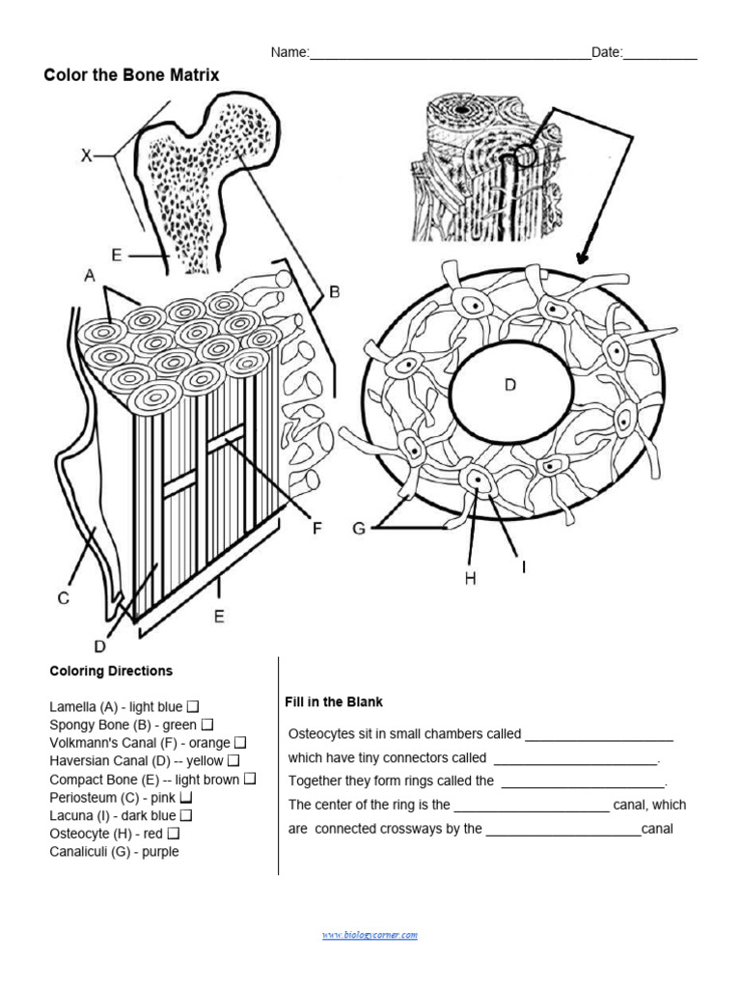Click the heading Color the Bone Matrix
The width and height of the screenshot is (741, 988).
click(x=132, y=74)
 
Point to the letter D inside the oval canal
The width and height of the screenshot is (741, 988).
click(x=510, y=385)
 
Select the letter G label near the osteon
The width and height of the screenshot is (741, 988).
click(x=359, y=528)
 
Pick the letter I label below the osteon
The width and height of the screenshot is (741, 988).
click(x=523, y=567)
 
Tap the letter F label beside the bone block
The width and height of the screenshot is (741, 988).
click(x=316, y=528)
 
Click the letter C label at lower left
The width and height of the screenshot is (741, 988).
click(x=63, y=598)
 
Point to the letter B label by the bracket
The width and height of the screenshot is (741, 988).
click(x=335, y=290)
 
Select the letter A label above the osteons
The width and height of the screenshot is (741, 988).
click(x=90, y=276)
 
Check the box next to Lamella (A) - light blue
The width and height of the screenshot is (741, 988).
click(x=193, y=707)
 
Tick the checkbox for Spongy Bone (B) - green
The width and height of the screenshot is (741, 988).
click(x=207, y=725)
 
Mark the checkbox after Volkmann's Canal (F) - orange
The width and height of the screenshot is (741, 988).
click(x=240, y=743)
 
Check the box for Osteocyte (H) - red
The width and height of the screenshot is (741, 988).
click(x=174, y=834)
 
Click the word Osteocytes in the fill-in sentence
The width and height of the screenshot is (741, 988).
click(x=322, y=734)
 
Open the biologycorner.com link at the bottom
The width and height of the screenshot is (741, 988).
click(x=370, y=935)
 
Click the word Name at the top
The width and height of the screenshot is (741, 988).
click(x=288, y=52)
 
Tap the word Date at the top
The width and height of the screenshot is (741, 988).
click(x=606, y=52)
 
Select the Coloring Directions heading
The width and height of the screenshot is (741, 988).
click(x=111, y=671)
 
